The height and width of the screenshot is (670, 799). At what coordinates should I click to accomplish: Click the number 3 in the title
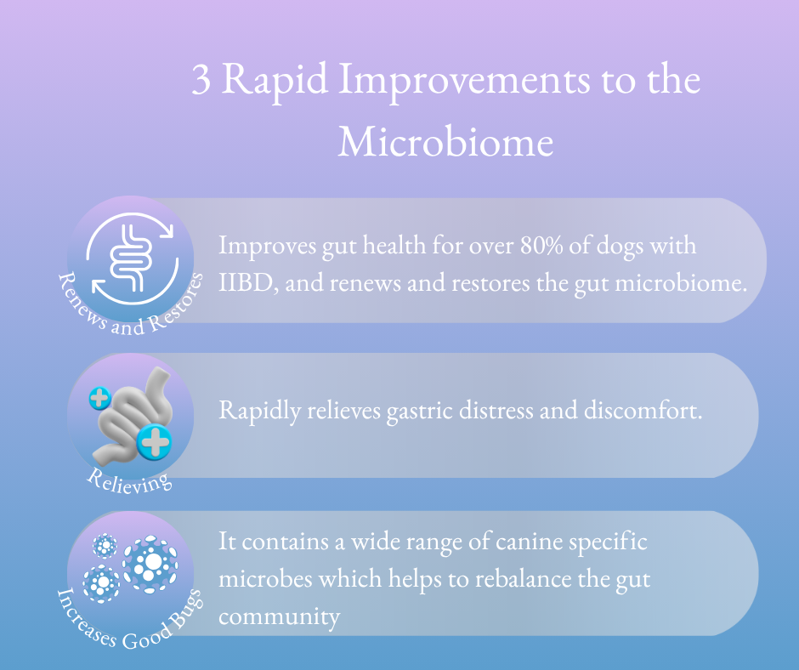[x=201, y=81]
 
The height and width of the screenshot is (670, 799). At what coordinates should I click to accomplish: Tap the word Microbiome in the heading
[x=445, y=141]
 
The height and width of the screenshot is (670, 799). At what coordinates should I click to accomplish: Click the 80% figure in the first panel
[x=541, y=245]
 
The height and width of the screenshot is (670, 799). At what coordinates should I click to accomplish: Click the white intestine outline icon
[x=132, y=258]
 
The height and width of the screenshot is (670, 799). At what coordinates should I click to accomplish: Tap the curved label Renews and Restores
[x=130, y=308]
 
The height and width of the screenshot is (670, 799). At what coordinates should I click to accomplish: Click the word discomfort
[x=643, y=410]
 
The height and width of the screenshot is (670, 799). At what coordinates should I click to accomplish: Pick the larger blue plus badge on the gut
[x=155, y=441]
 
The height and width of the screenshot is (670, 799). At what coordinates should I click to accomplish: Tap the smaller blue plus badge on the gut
[x=100, y=398]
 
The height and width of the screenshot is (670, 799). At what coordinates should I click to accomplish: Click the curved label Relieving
[x=129, y=482]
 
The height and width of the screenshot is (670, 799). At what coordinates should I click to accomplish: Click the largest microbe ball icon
[x=150, y=565]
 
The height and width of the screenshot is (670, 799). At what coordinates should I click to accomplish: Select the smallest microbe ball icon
[x=105, y=546]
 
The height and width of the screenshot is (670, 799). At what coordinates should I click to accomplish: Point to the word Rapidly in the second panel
[x=259, y=411]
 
